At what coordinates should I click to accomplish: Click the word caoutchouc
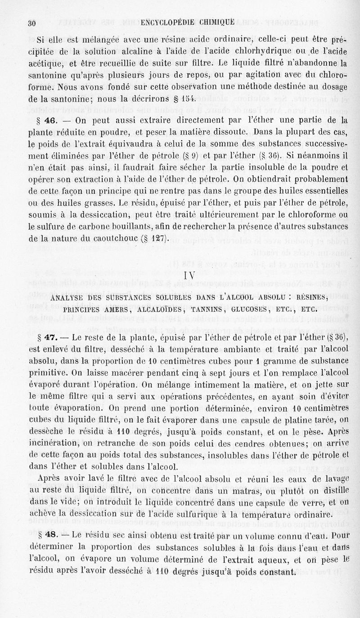(111, 238)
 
